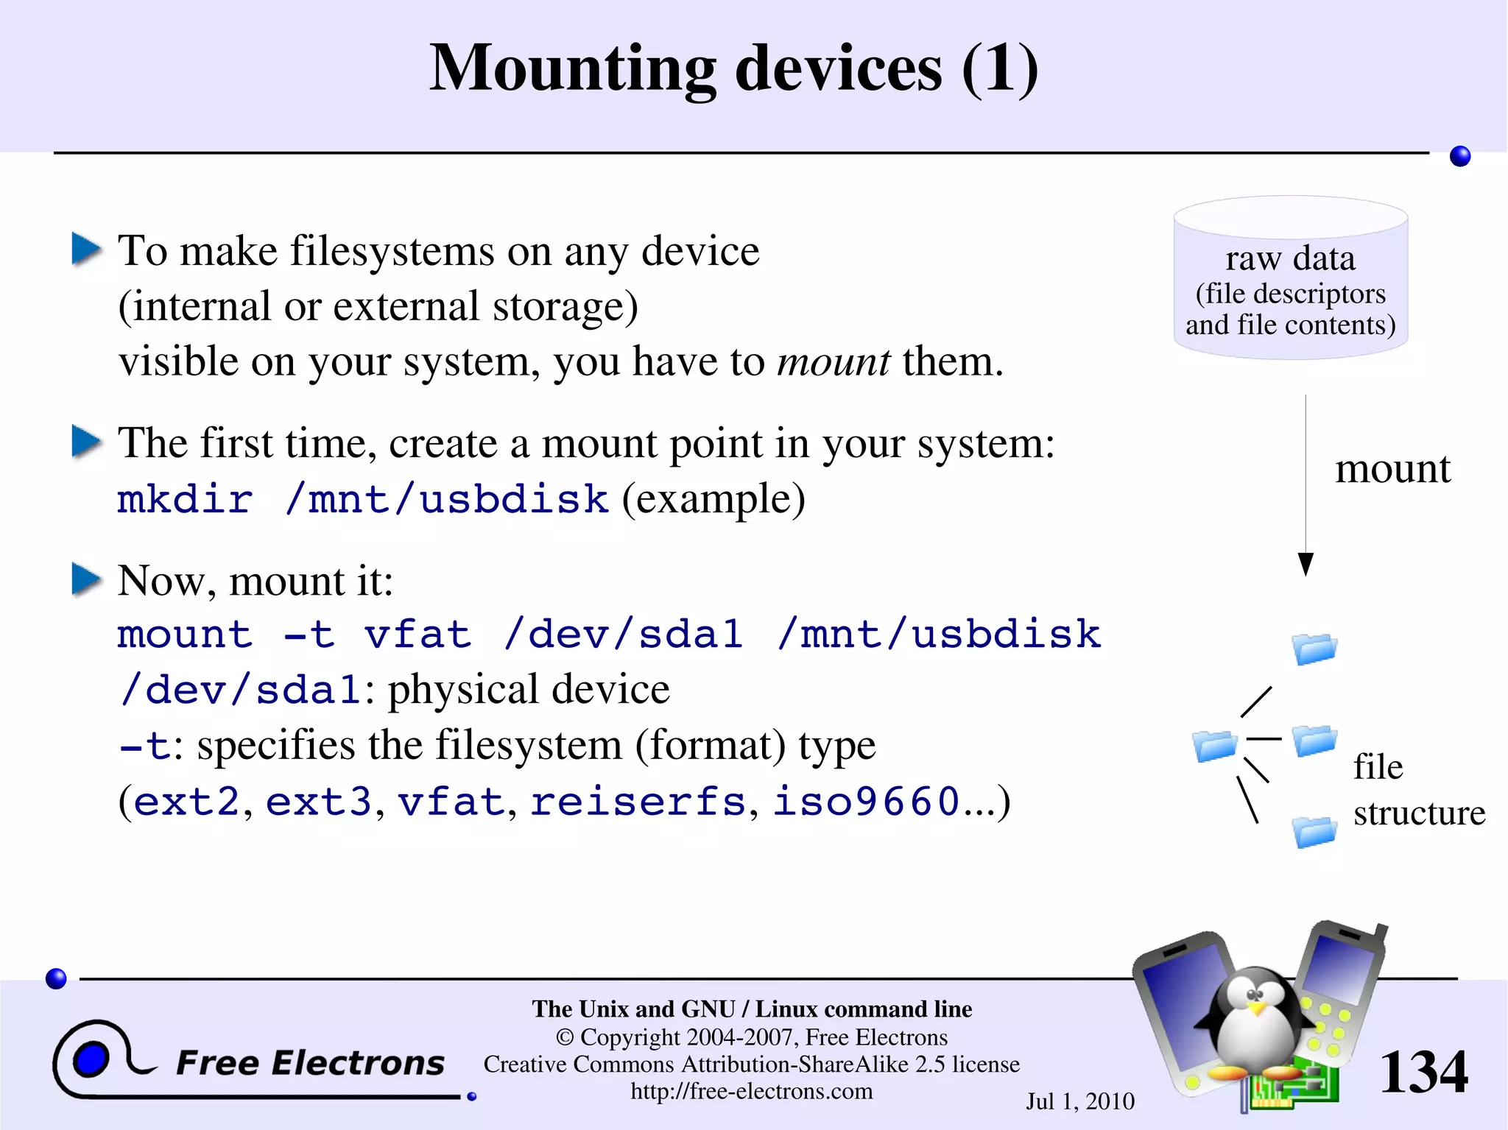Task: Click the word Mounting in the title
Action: click(x=571, y=70)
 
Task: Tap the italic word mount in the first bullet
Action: click(x=834, y=362)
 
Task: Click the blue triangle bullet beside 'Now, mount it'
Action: click(x=86, y=579)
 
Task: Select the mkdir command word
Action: click(x=185, y=500)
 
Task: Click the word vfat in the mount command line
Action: click(x=417, y=635)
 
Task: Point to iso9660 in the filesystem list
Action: click(x=866, y=802)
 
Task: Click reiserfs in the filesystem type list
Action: click(x=638, y=802)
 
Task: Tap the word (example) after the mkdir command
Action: click(x=714, y=500)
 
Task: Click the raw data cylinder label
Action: click(x=1290, y=259)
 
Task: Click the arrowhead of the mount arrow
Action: click(x=1306, y=565)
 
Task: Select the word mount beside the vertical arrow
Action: click(x=1392, y=469)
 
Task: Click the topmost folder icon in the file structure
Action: click(x=1314, y=649)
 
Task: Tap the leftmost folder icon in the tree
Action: click(x=1214, y=746)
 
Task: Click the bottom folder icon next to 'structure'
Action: click(x=1314, y=833)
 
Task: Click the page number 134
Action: click(x=1423, y=1073)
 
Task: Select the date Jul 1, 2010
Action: click(x=1079, y=1101)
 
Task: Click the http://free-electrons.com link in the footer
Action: click(x=751, y=1091)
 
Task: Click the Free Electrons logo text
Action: click(x=310, y=1063)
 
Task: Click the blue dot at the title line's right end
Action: click(x=1459, y=156)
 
